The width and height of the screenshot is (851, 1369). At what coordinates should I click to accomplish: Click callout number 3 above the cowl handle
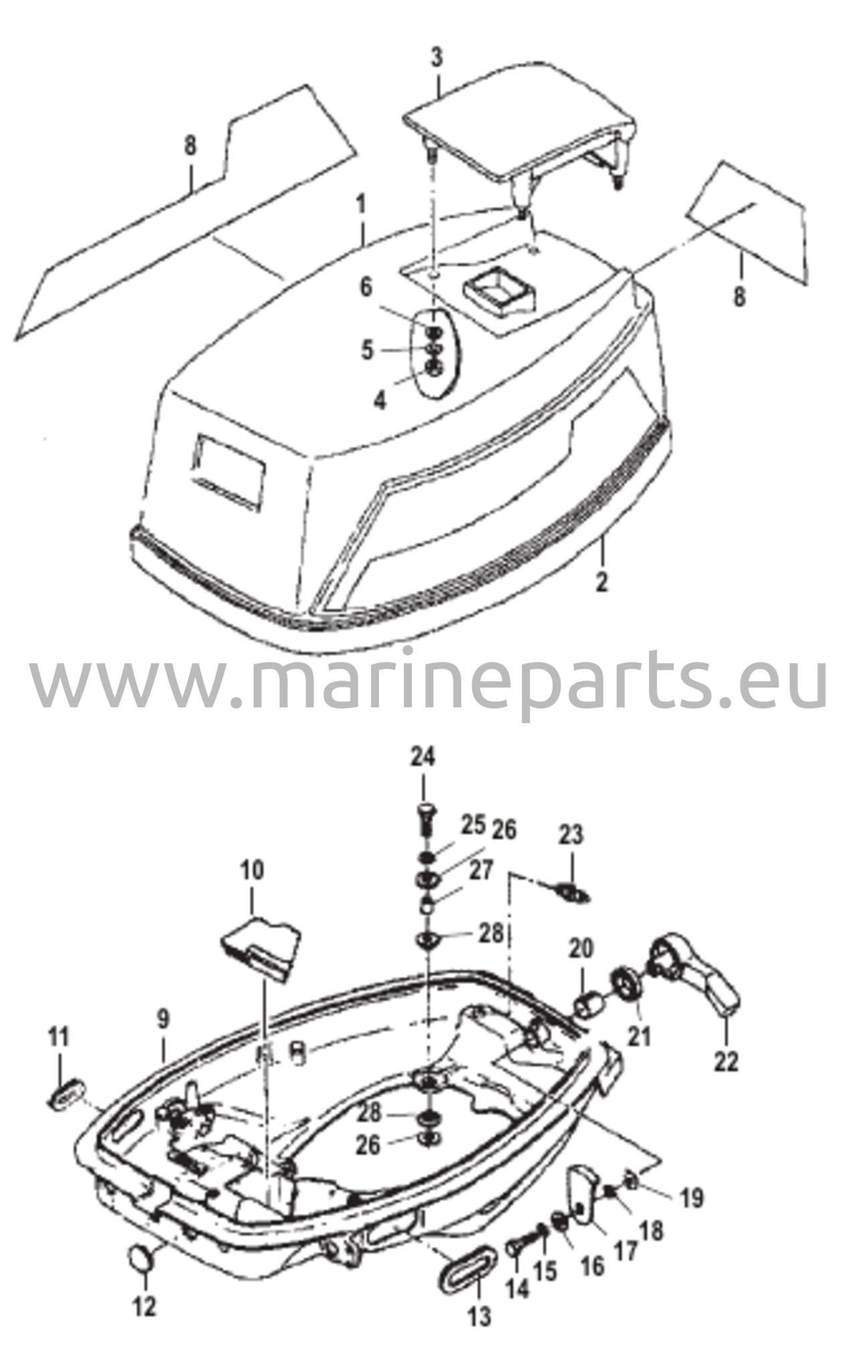click(x=437, y=57)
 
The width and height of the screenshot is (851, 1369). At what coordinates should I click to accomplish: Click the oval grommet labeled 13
click(x=468, y=1255)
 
